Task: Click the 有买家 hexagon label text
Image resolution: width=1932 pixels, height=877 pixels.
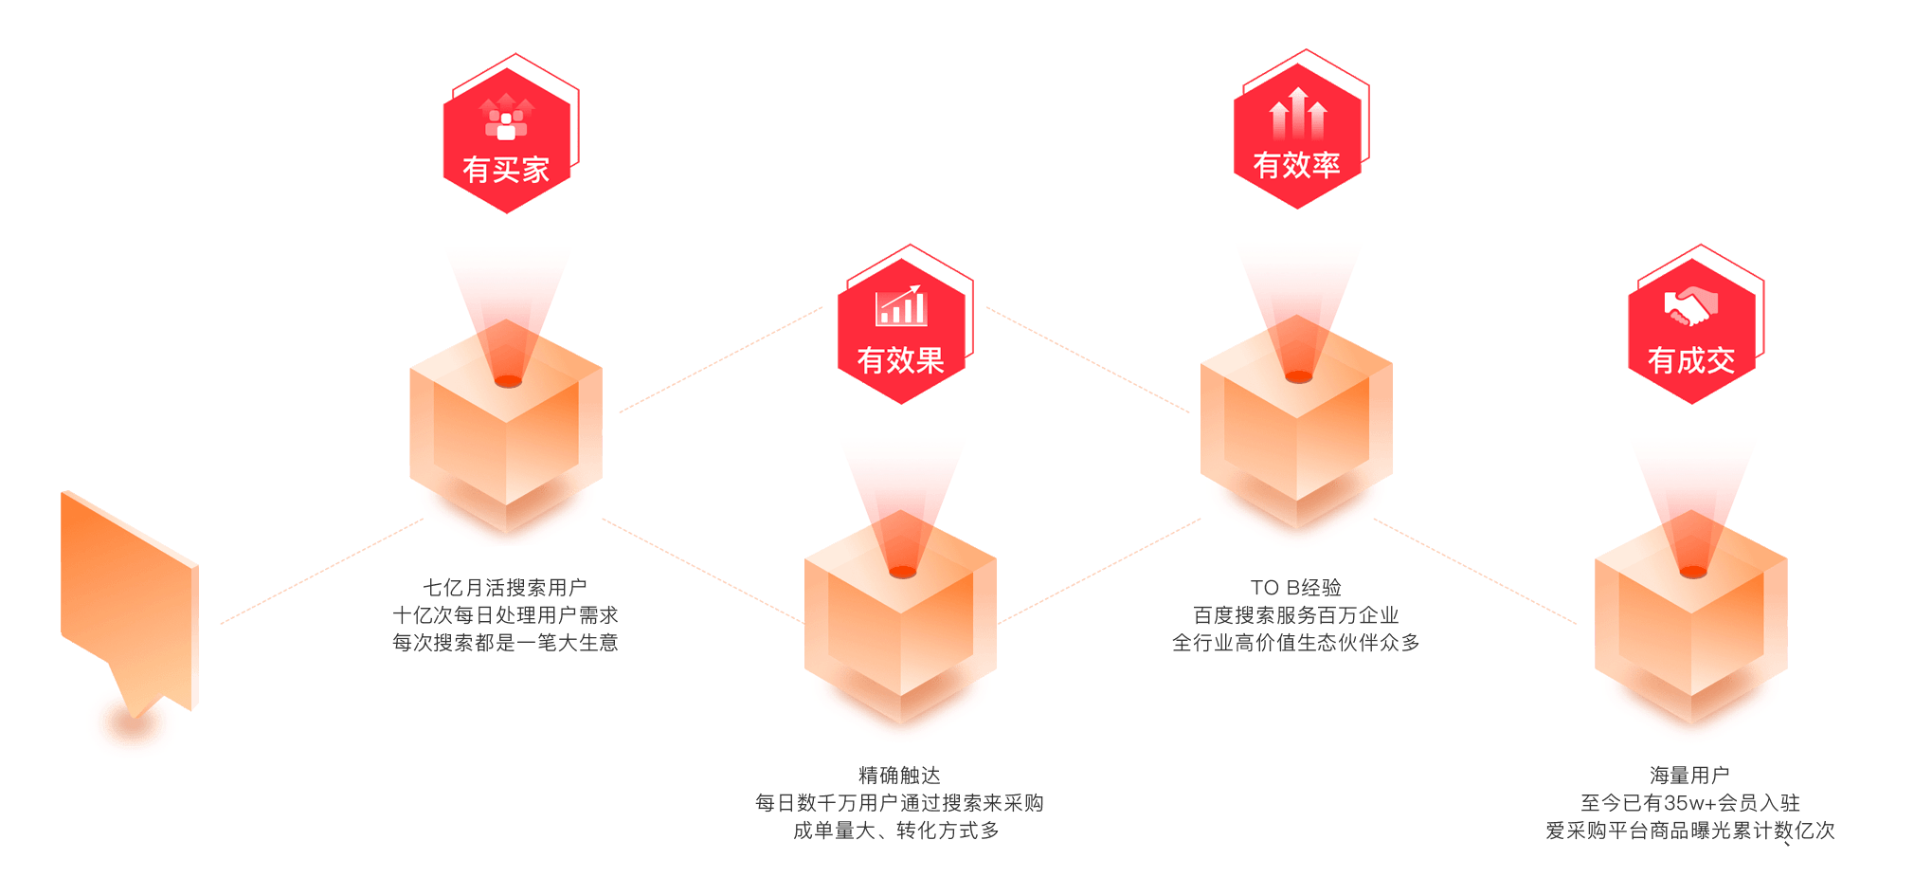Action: (x=506, y=170)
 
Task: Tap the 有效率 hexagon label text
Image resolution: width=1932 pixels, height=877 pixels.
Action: (x=1296, y=165)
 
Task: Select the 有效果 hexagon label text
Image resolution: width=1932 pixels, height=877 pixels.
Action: (x=900, y=360)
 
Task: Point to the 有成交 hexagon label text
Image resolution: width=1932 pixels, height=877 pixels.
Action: (x=1691, y=360)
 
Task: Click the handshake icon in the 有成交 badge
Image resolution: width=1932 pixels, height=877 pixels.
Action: (x=1691, y=306)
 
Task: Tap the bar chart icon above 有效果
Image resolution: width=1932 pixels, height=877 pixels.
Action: (x=900, y=305)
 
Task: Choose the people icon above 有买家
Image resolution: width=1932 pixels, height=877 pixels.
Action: (x=506, y=118)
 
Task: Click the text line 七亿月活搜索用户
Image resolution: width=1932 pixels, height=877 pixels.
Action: (x=505, y=588)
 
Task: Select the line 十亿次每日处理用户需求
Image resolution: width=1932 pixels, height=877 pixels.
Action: (x=505, y=615)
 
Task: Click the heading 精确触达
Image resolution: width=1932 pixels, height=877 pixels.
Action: (x=899, y=776)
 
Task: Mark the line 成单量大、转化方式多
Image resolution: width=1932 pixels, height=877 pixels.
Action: (x=896, y=831)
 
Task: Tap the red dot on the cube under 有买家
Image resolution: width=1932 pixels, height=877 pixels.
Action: (x=508, y=381)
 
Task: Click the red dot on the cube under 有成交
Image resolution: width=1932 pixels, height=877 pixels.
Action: (x=1693, y=572)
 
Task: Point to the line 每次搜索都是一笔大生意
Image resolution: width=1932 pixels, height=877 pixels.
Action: (x=505, y=643)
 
